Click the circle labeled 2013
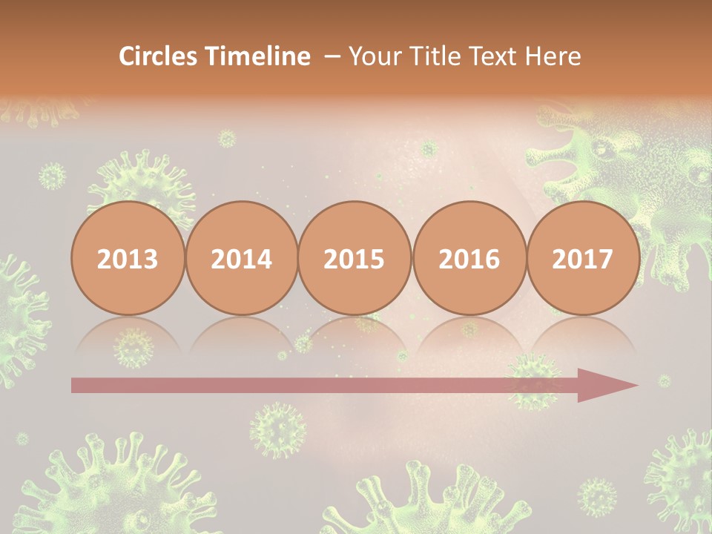(x=128, y=258)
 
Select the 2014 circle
(x=241, y=258)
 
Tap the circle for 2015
(x=355, y=258)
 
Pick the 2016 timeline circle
(x=469, y=258)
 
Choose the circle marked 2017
(x=582, y=258)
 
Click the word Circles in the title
(x=157, y=56)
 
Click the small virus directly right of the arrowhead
(x=664, y=381)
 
